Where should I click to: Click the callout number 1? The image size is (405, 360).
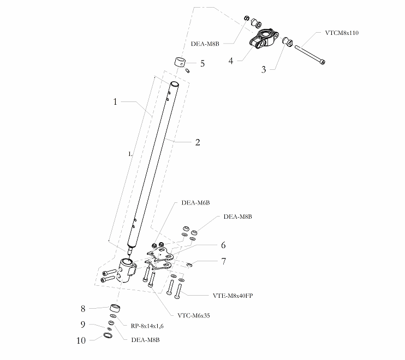pos(115,101)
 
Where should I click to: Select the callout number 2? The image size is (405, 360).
pos(198,142)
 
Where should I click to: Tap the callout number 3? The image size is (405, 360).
pos(264,69)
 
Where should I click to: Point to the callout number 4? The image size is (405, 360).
pos(231,61)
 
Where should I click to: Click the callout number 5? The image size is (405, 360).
pos(202,63)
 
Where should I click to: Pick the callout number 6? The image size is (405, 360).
pos(223,245)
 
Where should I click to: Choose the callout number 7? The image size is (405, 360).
pos(224,261)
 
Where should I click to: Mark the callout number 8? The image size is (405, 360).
pos(82,309)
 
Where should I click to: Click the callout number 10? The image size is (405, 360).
pos(81,340)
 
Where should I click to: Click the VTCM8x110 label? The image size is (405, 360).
pos(342,33)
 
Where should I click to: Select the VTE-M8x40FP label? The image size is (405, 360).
pos(233,296)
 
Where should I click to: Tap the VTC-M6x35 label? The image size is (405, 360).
pos(194,315)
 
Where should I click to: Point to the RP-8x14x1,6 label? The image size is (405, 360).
pos(147,326)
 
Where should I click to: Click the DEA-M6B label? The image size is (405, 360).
pos(195,202)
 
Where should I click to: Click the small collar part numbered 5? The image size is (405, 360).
pos(179,62)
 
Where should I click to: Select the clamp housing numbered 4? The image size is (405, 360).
pos(264,39)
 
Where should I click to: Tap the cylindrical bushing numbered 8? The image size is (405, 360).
pos(115,308)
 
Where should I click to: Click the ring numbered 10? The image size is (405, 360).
pos(108,335)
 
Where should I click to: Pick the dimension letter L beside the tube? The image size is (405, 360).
pos(130,154)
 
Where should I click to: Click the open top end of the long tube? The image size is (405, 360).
pos(175,84)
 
